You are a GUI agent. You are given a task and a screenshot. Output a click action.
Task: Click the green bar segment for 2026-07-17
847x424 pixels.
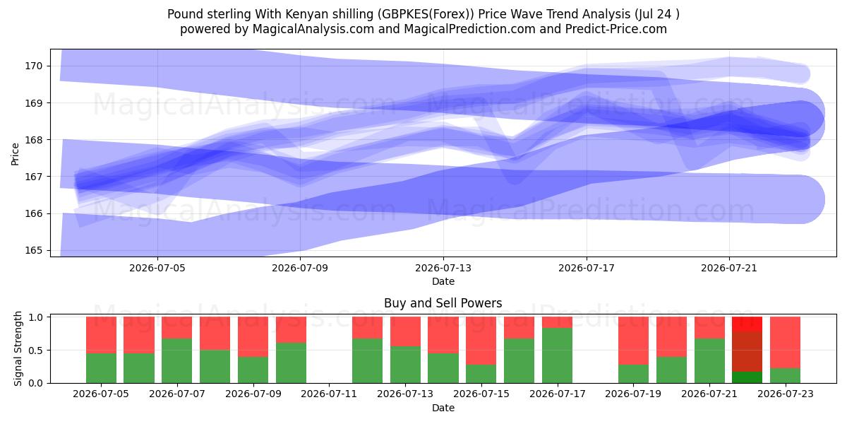557,355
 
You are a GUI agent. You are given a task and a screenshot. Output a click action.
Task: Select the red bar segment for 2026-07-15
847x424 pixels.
481,341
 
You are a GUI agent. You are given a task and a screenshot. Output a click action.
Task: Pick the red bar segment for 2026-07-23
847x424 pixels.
785,343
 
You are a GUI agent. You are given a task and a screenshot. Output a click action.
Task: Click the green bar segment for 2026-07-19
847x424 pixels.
633,374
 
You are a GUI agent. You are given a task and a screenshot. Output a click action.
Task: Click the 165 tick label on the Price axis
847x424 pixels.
33,250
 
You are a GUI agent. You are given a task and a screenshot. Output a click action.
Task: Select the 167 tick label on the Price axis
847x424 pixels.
33,177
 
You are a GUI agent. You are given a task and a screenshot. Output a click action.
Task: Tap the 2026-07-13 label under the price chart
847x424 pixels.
443,268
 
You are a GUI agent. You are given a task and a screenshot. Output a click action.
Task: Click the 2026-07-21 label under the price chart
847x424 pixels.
729,268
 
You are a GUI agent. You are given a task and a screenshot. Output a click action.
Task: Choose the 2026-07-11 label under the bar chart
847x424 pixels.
329,394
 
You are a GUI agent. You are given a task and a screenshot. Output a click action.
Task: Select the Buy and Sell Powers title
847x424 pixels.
443,303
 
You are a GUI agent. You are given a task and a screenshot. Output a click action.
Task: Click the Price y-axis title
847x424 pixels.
15,154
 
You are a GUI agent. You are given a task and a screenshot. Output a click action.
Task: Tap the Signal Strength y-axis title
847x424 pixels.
18,348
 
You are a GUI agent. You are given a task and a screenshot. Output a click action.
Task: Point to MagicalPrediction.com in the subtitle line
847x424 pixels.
469,29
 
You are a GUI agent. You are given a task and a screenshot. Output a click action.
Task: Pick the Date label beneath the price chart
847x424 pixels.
443,281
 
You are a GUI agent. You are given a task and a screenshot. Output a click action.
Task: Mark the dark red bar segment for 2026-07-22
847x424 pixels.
747,352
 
